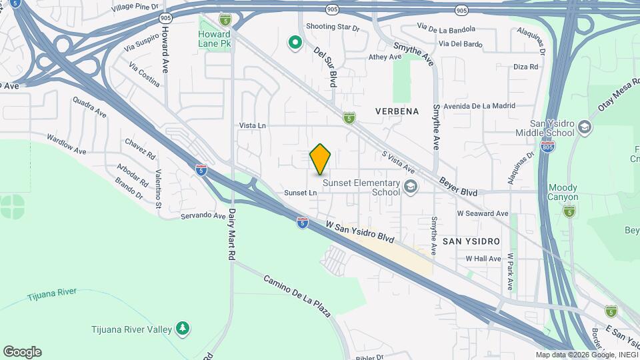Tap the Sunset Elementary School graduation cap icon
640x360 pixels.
410,186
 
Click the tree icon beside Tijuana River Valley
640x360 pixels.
182,328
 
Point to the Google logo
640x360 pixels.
22,352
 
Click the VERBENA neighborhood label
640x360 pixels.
397,111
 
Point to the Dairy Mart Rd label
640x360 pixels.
232,235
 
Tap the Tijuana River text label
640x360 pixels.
52,294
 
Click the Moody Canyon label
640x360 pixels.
563,192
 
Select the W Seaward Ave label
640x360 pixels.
483,213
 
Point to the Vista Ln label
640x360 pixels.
253,125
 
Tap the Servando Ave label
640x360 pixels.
203,216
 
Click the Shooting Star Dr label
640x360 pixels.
333,27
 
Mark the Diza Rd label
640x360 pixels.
525,67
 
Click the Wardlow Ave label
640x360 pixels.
67,145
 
